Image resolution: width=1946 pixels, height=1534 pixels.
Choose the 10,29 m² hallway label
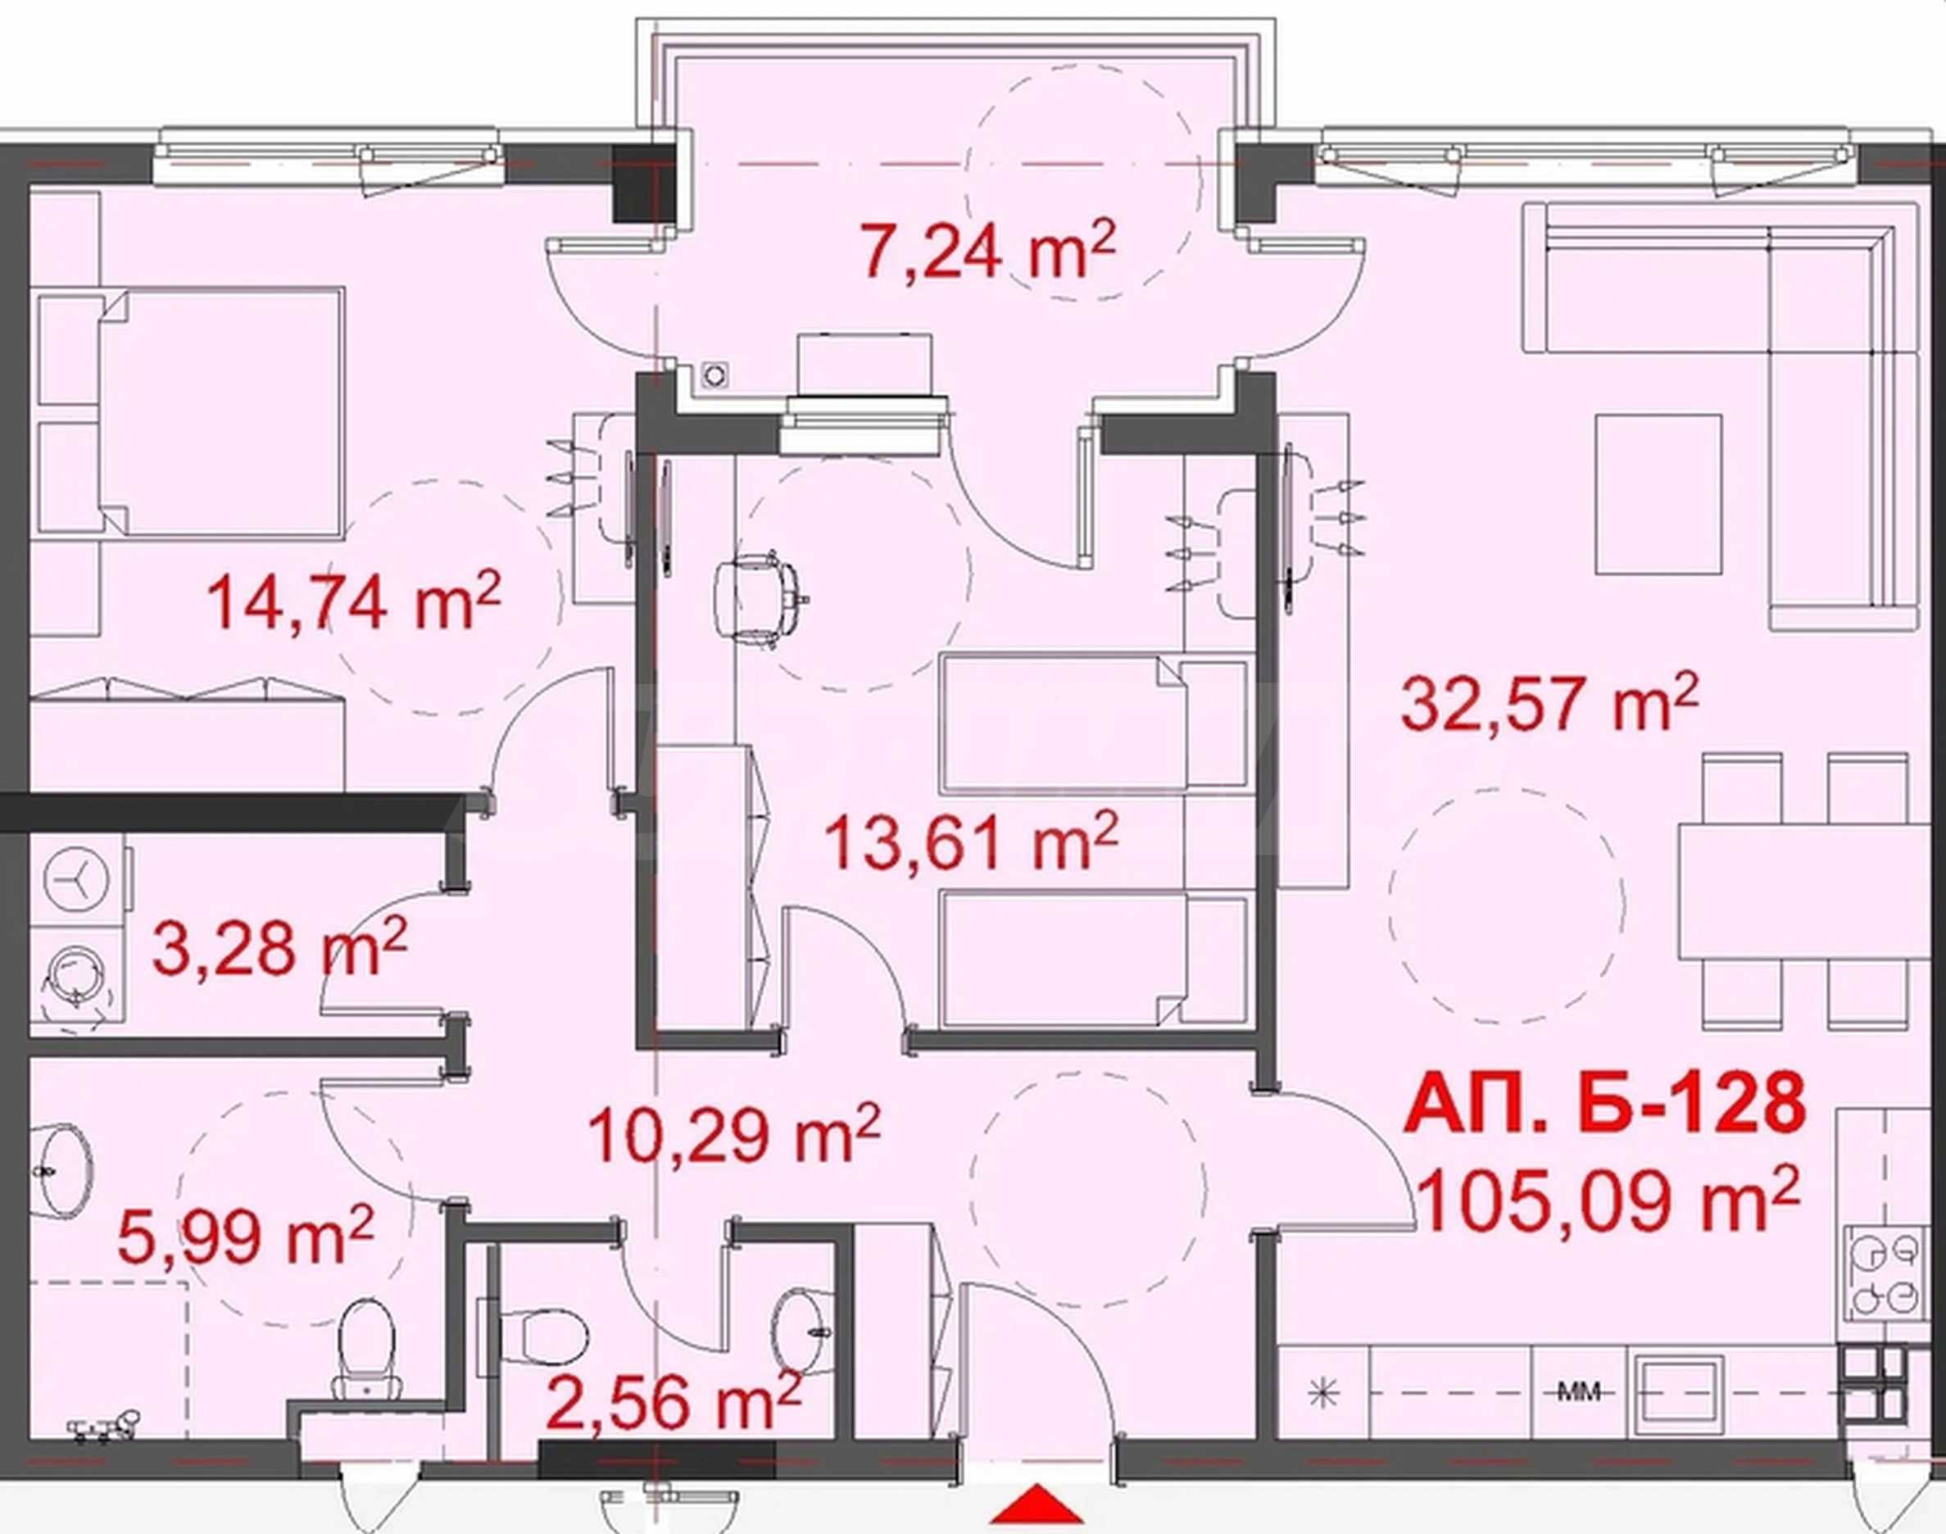tap(733, 1133)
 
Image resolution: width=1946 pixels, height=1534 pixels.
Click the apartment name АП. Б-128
tap(1604, 1104)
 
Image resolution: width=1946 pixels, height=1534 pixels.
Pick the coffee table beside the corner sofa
tap(1658, 494)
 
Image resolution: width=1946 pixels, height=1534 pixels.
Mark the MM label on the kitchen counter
tap(1578, 1393)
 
